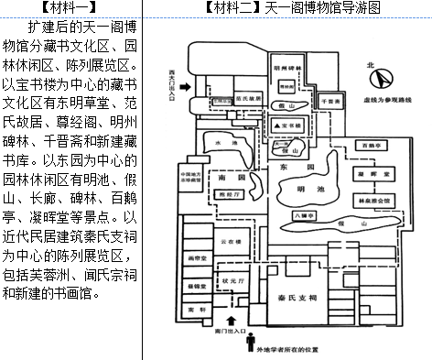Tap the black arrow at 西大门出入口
pos(189,88)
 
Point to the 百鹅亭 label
pos(370,146)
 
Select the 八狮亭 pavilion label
pos(305,215)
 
